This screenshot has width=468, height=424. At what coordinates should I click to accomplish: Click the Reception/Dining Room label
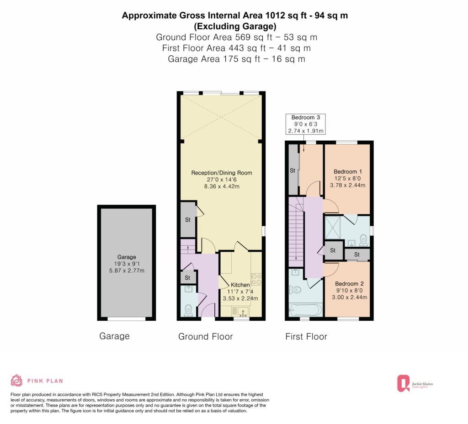222,173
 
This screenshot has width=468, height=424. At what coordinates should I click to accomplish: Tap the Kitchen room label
240,285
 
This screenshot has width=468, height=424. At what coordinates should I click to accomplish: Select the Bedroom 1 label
348,172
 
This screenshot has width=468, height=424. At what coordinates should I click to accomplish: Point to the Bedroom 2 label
349,284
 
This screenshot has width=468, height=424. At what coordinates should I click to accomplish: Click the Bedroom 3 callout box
305,124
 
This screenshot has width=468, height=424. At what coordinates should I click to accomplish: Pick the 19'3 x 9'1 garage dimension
127,264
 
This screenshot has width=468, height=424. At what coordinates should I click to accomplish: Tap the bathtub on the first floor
305,309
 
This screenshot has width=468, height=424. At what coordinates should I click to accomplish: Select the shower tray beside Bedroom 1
333,228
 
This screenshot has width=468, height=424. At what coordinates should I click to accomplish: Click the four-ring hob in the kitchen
256,279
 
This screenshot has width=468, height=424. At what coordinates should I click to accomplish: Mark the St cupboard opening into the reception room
188,220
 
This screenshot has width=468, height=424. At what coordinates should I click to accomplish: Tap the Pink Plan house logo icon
16,381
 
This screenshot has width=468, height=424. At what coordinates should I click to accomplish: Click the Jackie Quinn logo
415,383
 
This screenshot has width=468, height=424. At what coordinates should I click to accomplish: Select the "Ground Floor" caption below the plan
205,337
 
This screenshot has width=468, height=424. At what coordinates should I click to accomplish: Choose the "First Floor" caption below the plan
306,337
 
